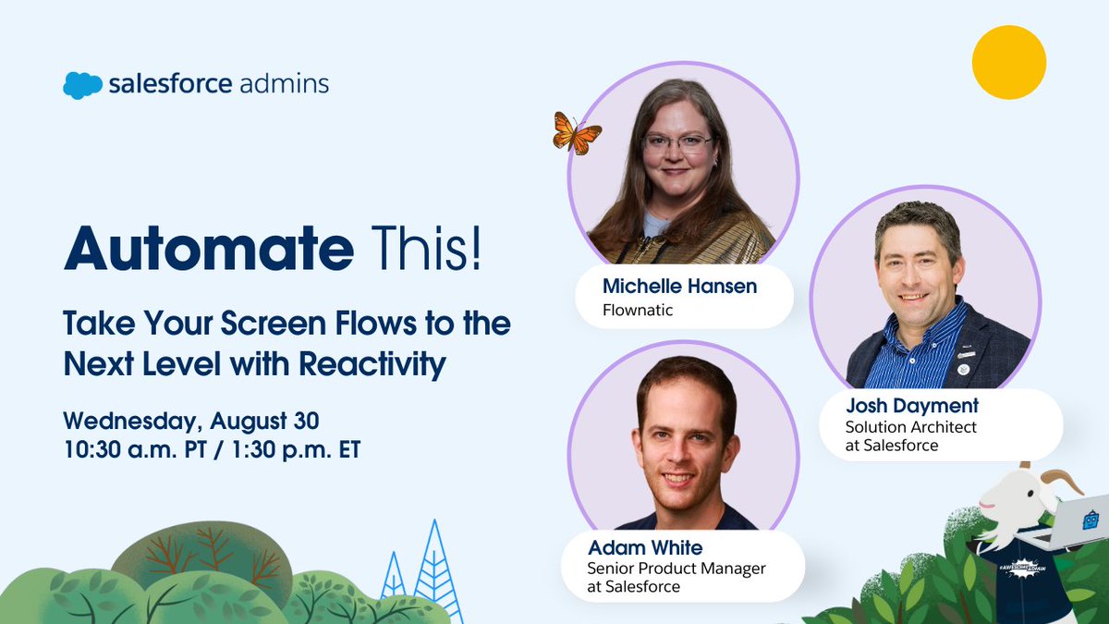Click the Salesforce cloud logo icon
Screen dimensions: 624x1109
tap(82, 85)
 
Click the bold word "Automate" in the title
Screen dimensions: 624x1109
tap(208, 249)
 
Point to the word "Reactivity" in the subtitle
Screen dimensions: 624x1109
tap(372, 364)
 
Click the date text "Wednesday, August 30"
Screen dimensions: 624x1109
tap(191, 421)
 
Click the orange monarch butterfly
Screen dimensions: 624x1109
tap(577, 133)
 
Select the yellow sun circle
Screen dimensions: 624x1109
tap(1008, 62)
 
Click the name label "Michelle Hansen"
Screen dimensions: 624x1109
tap(679, 287)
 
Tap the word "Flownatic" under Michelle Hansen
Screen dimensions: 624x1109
tap(638, 311)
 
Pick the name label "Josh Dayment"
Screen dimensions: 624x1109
tap(912, 406)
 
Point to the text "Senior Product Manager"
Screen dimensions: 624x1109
tap(676, 569)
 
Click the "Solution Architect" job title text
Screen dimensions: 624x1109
tap(910, 427)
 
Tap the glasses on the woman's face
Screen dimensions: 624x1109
tap(677, 142)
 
